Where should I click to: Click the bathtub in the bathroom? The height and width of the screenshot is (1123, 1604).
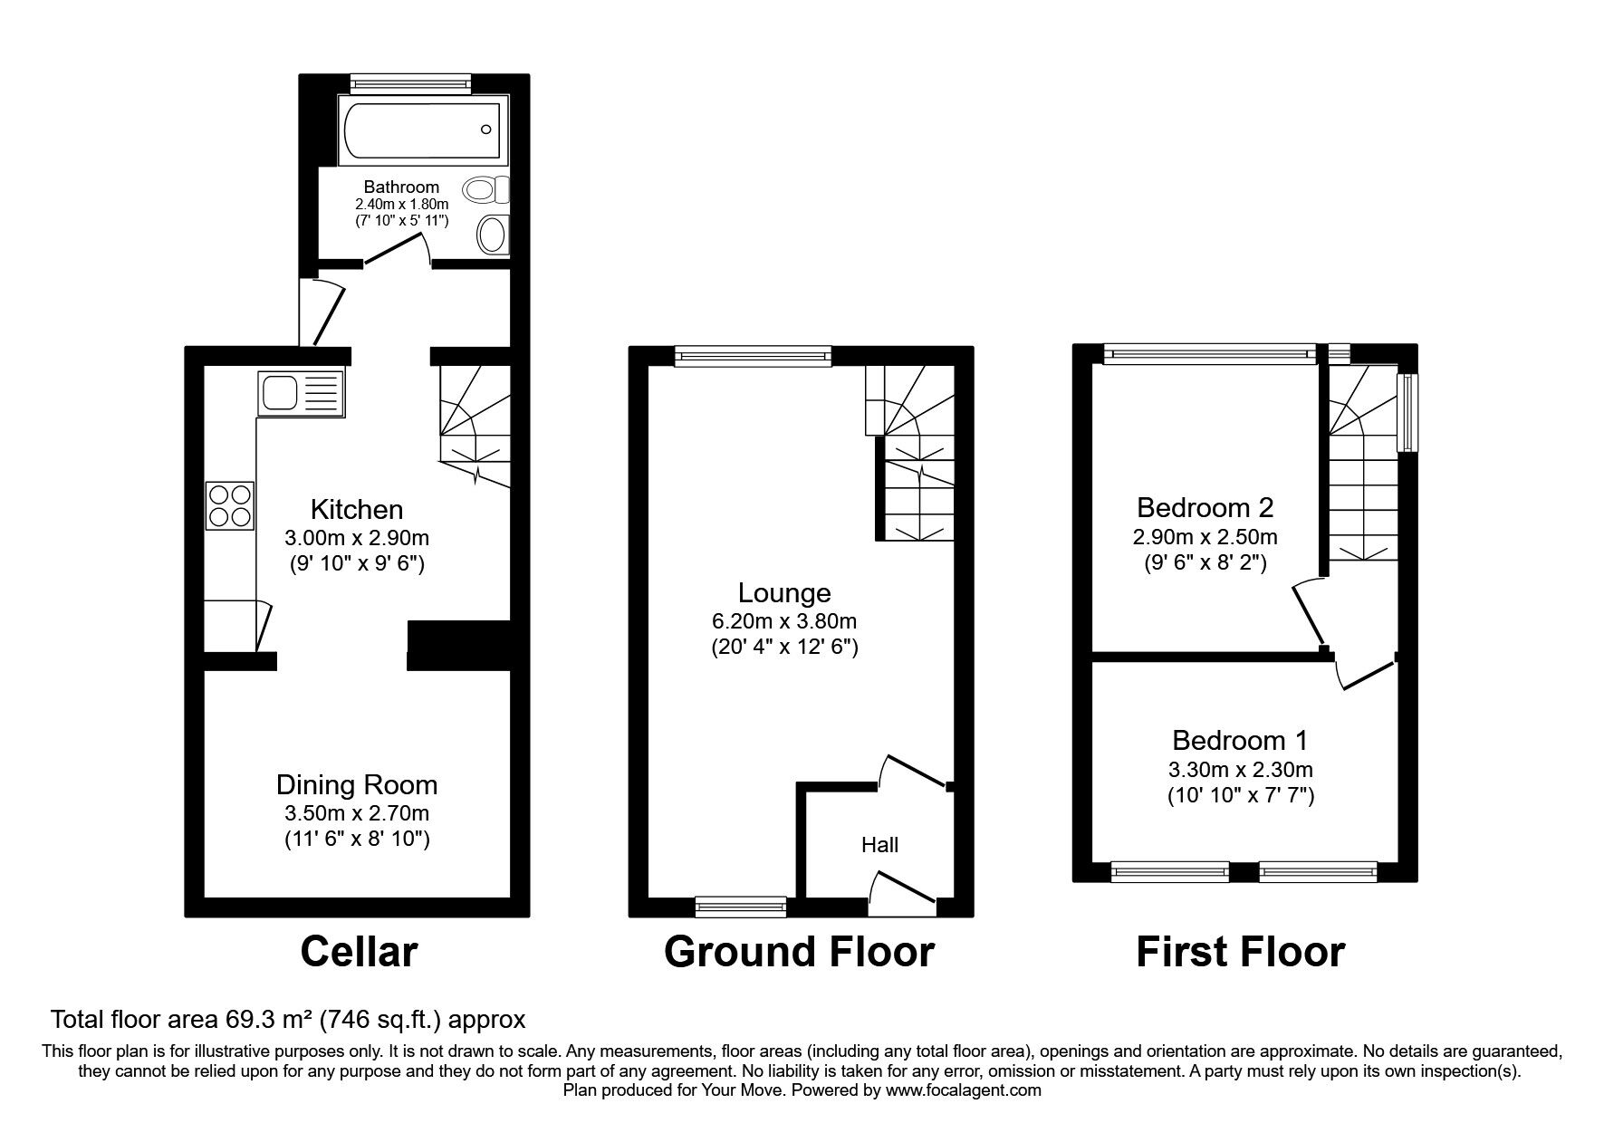click(419, 131)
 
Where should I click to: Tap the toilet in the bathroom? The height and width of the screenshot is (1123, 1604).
click(484, 190)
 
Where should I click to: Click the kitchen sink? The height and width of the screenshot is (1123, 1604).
click(301, 393)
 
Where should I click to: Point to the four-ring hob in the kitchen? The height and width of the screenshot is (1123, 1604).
click(230, 506)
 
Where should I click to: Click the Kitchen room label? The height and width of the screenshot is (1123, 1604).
click(356, 509)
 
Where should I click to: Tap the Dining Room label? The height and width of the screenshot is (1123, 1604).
click(356, 784)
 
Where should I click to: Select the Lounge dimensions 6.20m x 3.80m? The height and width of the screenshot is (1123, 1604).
click(783, 621)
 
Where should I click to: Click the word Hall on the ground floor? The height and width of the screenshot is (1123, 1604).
click(879, 845)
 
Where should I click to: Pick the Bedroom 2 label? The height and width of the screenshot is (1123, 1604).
click(1205, 506)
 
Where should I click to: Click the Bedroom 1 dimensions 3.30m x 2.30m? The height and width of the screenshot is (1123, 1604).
click(1240, 771)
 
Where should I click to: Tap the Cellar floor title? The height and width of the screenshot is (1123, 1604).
click(359, 952)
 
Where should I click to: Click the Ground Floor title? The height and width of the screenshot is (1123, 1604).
click(799, 952)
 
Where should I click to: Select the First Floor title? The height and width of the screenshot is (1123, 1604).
click(1240, 952)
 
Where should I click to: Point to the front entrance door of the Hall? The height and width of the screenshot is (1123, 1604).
click(902, 888)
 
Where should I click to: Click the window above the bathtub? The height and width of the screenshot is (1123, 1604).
click(411, 84)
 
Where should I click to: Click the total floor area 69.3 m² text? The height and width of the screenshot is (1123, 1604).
click(287, 1020)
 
